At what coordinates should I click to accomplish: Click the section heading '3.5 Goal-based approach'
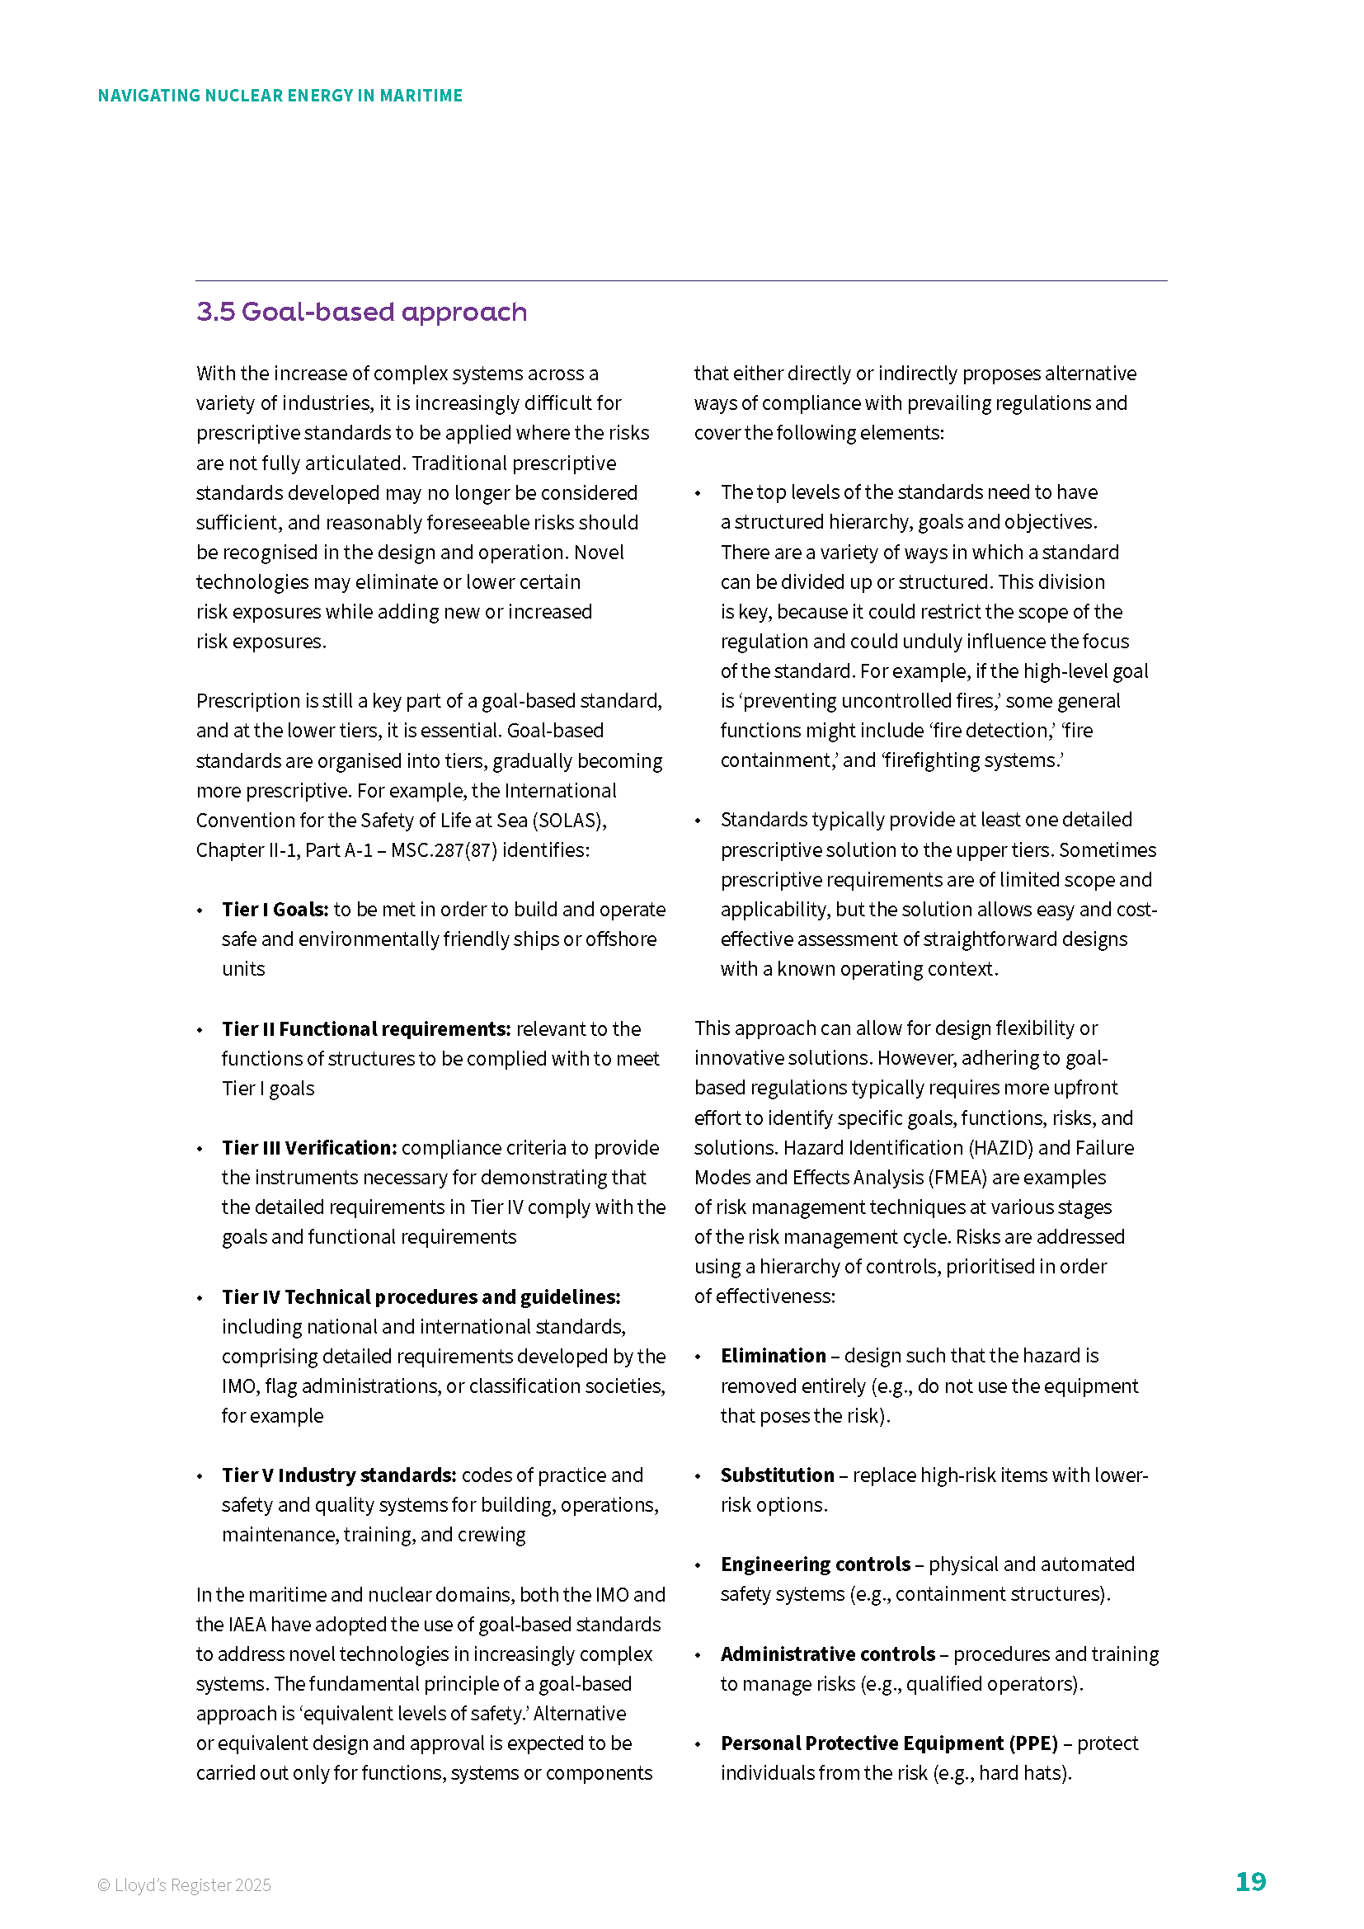click(361, 312)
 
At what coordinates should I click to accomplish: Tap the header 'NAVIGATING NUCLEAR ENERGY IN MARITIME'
click(280, 96)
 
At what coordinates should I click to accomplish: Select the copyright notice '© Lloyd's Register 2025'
click(184, 1884)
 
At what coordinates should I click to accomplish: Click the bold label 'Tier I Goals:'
click(275, 909)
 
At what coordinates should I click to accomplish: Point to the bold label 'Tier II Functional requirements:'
click(365, 1028)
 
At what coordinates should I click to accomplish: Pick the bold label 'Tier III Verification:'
click(308, 1148)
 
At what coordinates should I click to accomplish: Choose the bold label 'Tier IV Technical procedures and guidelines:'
click(421, 1296)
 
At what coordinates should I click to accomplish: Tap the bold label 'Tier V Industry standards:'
click(338, 1475)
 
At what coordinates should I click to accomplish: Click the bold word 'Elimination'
click(773, 1355)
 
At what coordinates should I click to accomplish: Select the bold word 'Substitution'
click(777, 1475)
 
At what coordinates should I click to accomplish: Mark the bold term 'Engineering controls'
click(815, 1564)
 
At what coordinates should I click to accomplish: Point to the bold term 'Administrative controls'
click(827, 1654)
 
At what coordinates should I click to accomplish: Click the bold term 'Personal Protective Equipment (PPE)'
click(889, 1743)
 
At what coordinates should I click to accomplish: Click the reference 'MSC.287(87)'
click(444, 850)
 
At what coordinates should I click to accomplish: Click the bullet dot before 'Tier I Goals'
click(200, 910)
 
